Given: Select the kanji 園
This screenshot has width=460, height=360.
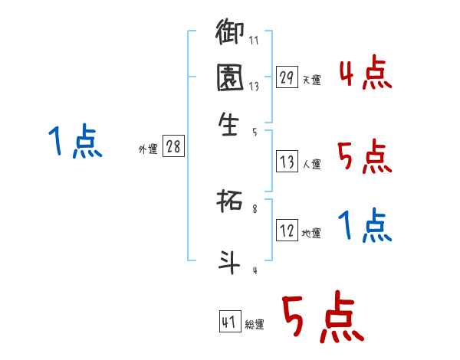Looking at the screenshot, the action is click(230, 77).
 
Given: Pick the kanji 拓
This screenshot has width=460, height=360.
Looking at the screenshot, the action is click(230, 203).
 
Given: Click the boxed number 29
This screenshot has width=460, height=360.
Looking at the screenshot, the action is click(287, 77).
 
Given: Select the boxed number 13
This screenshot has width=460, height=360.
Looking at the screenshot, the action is click(287, 162).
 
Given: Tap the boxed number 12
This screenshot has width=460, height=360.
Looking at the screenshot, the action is click(287, 231).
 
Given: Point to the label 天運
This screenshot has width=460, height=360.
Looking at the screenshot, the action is click(311, 80).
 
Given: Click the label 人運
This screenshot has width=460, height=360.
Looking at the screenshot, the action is click(311, 164).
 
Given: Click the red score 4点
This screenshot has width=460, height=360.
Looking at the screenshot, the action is click(365, 74).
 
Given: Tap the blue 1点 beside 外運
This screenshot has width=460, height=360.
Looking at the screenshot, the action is click(75, 142).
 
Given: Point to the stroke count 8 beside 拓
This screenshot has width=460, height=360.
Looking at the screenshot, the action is click(255, 208).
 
